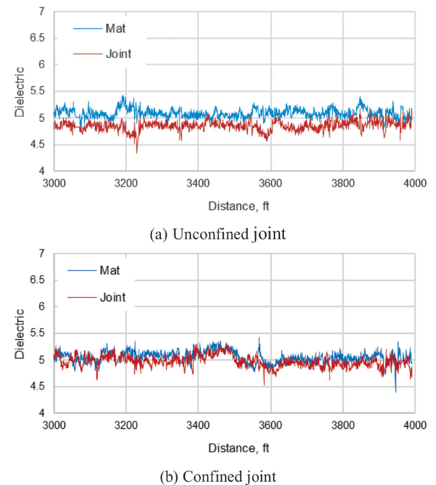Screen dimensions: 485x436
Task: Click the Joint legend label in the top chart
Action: pos(118,54)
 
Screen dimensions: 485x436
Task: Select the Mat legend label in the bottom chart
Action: pos(110,271)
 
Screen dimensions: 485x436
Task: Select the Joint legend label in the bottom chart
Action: pos(113,297)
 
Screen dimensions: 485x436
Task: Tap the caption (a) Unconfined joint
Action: pos(217,234)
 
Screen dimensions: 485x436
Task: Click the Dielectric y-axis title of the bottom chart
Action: pos(20,333)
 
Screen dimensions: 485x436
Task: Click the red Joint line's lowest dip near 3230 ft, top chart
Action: pos(136,151)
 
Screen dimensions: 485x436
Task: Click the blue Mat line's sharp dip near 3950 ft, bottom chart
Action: pos(395,391)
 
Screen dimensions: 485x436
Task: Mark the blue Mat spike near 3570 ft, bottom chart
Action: pos(259,339)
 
